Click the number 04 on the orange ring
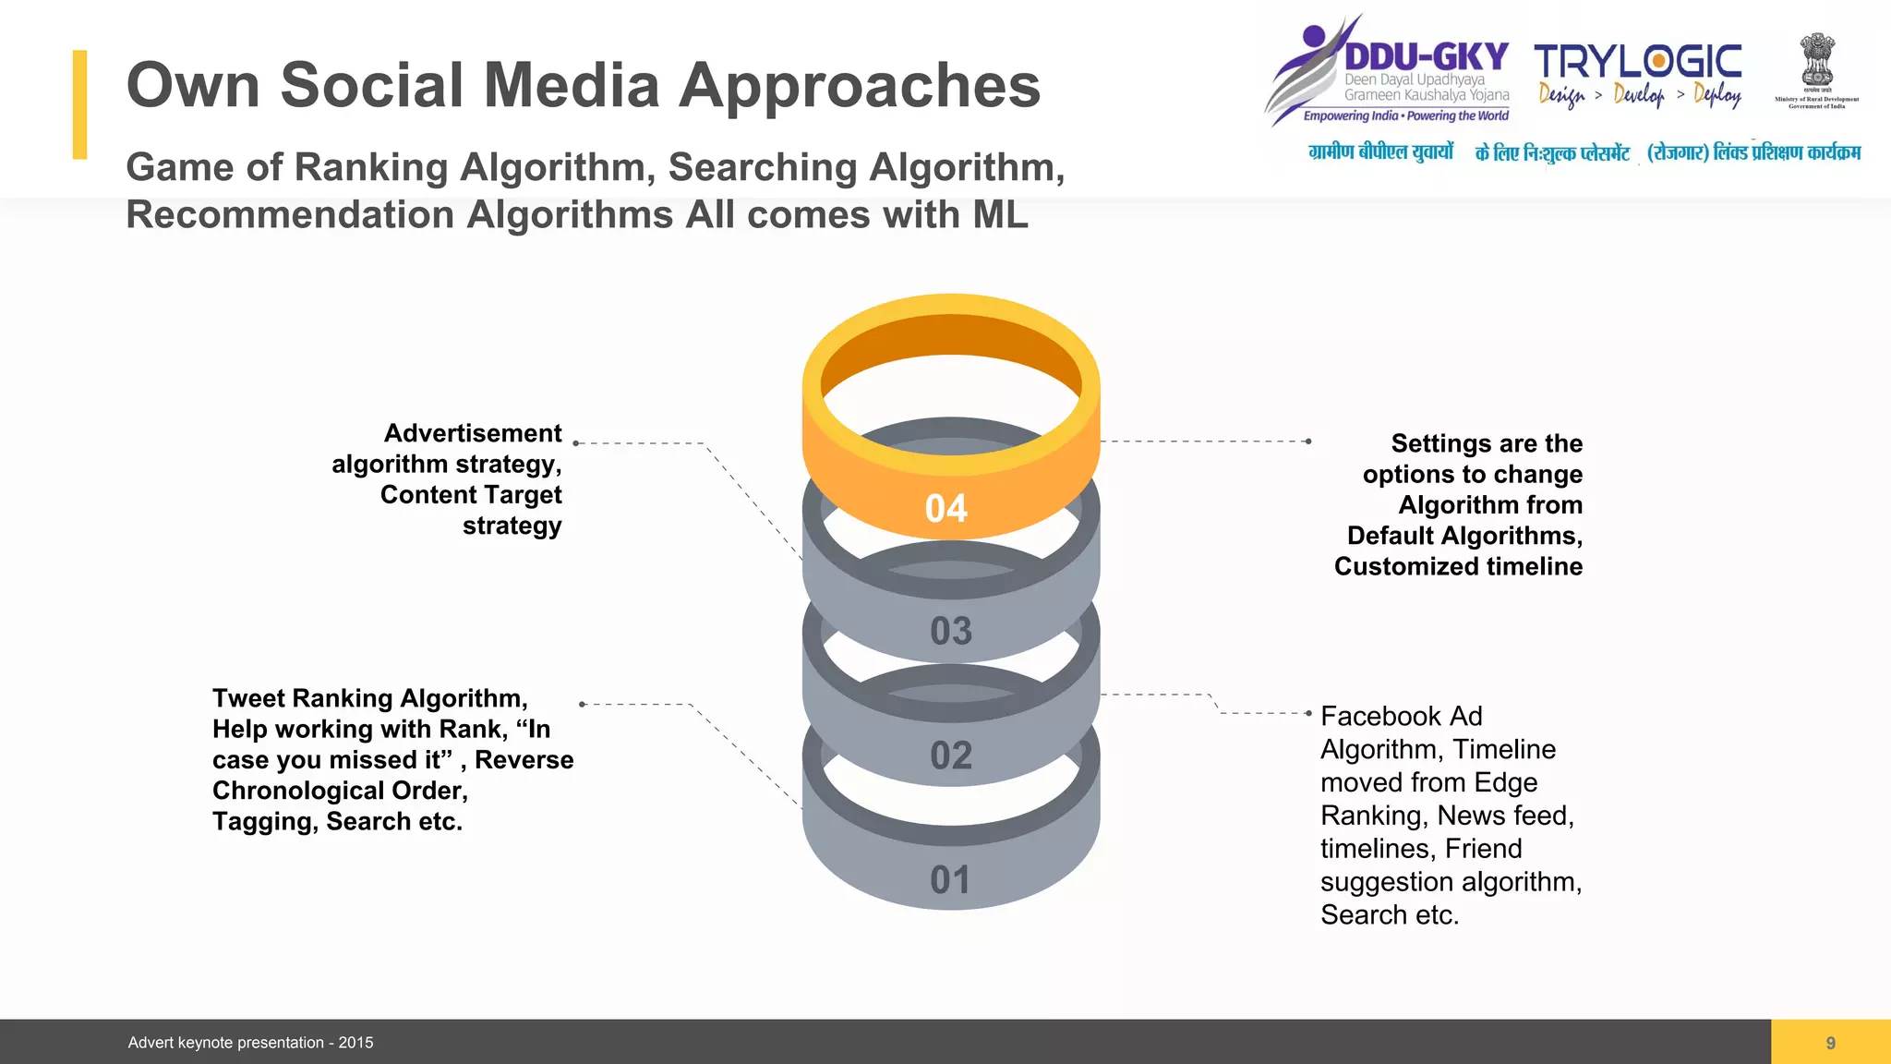pyautogui.click(x=946, y=509)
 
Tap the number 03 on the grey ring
pyautogui.click(x=951, y=632)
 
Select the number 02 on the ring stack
pyautogui.click(x=951, y=756)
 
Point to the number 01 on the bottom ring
pyautogui.click(x=951, y=880)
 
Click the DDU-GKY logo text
pyautogui.click(x=1426, y=56)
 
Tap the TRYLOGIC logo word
pyautogui.click(x=1638, y=62)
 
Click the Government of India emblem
pyautogui.click(x=1816, y=62)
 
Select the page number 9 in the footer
pyautogui.click(x=1830, y=1043)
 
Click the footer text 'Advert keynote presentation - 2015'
pyautogui.click(x=250, y=1043)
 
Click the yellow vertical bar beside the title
pyautogui.click(x=80, y=104)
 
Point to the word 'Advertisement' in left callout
pyautogui.click(x=473, y=433)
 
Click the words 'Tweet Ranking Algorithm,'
pyautogui.click(x=369, y=698)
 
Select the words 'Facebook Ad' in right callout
pyautogui.click(x=1401, y=717)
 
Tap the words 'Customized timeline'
pyautogui.click(x=1458, y=566)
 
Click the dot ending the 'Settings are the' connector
pyautogui.click(x=1308, y=441)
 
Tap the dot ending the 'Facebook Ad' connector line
pyautogui.click(x=1308, y=713)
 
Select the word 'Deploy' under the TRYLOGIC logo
pyautogui.click(x=1717, y=94)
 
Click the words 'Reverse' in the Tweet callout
pyautogui.click(x=524, y=760)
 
